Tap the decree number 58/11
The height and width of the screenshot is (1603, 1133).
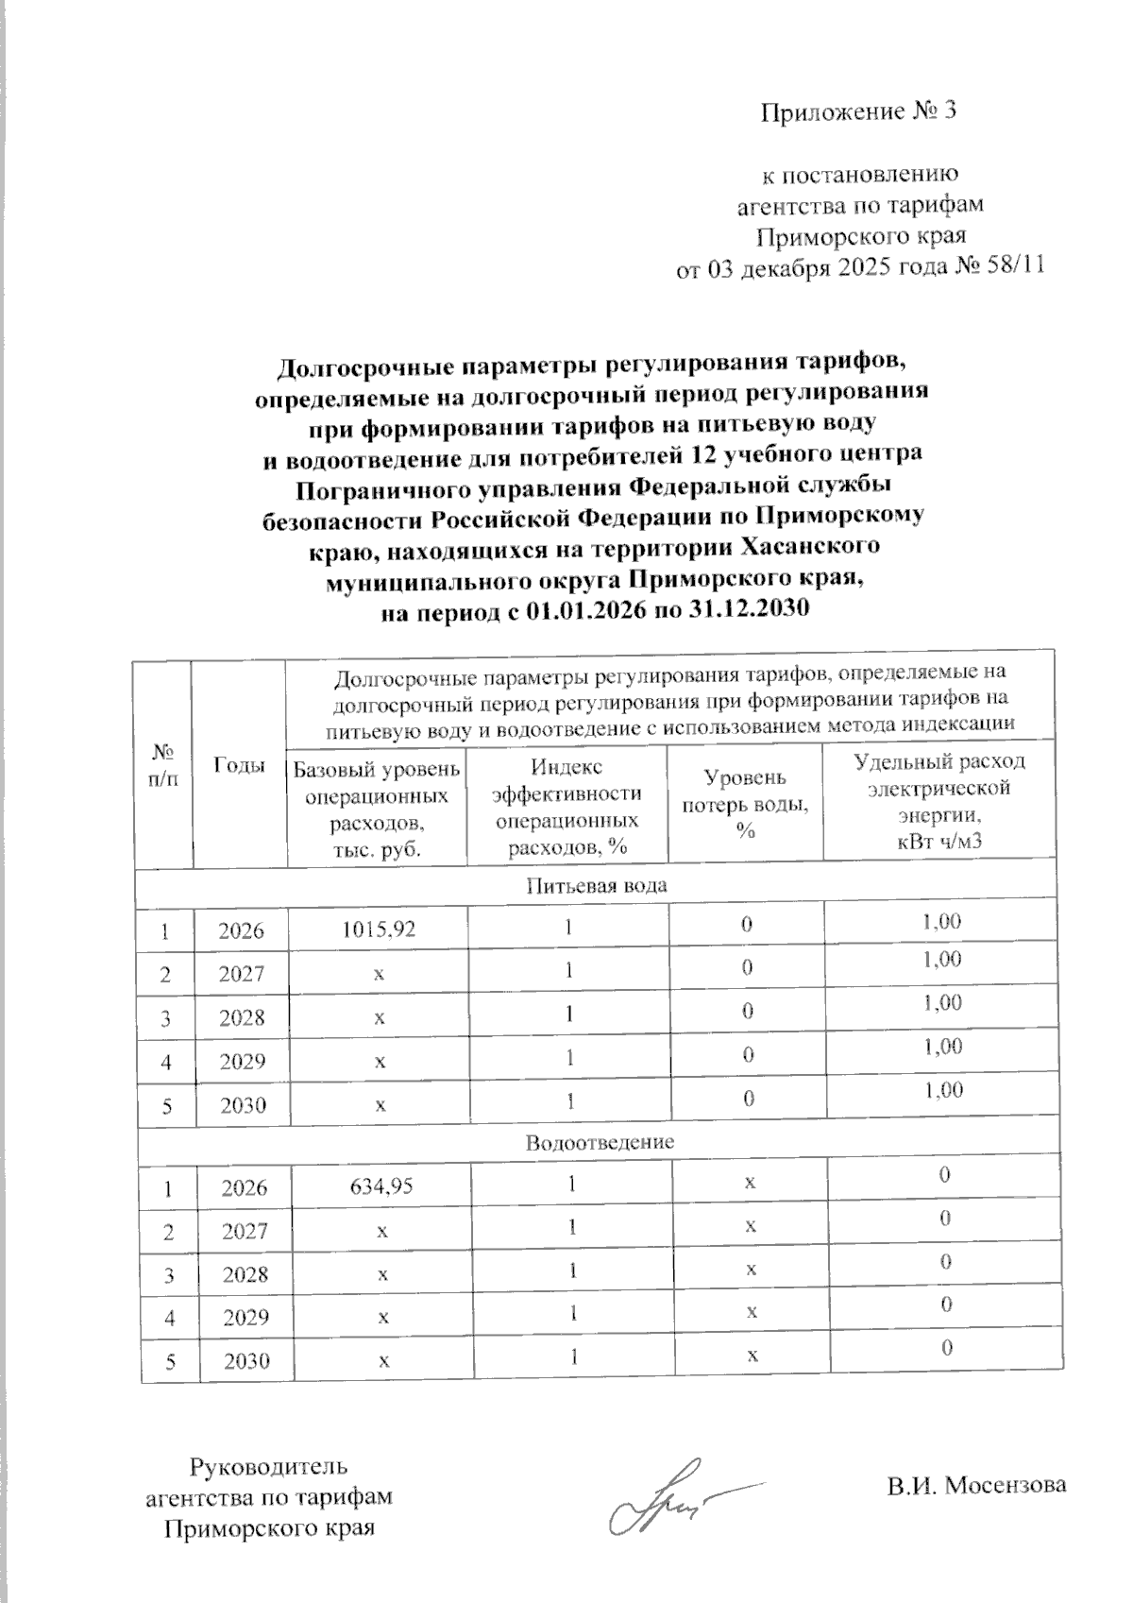[1013, 267]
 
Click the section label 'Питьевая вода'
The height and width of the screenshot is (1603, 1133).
[596, 886]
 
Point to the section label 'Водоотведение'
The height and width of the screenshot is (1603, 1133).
[600, 1142]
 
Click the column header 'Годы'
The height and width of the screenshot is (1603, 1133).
[239, 766]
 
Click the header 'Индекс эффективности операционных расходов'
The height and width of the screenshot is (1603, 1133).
[566, 808]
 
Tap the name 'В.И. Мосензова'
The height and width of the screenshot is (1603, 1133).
[976, 1485]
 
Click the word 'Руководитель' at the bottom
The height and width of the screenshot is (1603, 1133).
[269, 1467]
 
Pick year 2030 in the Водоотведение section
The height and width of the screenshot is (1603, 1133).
[244, 1361]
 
